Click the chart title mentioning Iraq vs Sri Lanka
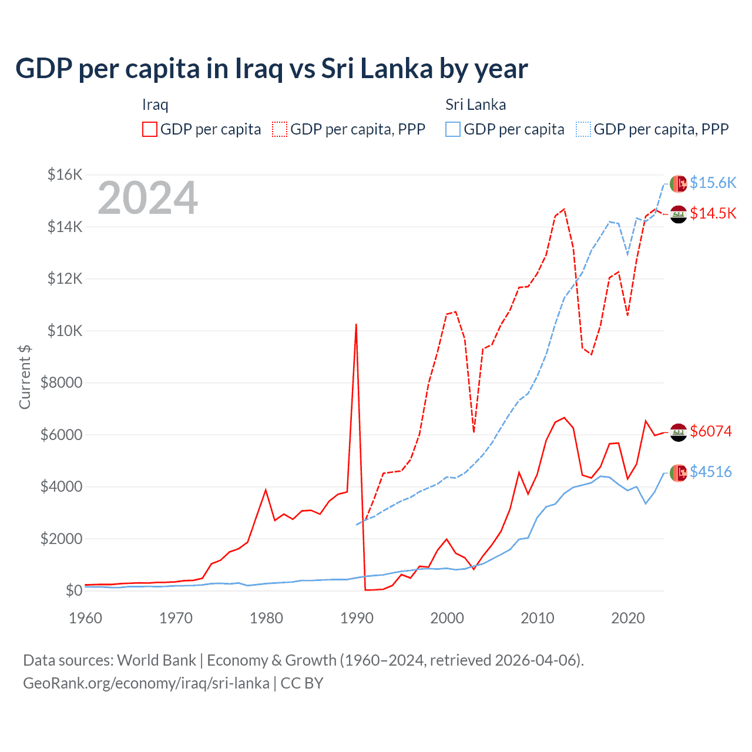(x=271, y=69)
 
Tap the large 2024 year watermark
(x=148, y=199)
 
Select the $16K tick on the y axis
(x=65, y=174)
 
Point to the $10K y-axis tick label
(x=65, y=331)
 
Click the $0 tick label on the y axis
(x=73, y=590)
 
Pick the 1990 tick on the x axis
(x=357, y=618)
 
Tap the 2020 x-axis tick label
(x=628, y=618)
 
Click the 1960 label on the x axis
(x=86, y=618)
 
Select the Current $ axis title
(x=25, y=377)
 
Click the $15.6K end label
(x=713, y=183)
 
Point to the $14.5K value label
(x=713, y=213)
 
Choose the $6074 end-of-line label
(x=711, y=431)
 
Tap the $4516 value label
(x=711, y=472)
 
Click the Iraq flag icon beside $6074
(x=679, y=432)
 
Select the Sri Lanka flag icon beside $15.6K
(x=679, y=183)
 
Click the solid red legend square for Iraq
(x=150, y=129)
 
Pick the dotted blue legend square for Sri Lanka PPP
(x=583, y=129)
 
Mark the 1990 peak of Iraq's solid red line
(x=356, y=324)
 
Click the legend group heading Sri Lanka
(x=475, y=105)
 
